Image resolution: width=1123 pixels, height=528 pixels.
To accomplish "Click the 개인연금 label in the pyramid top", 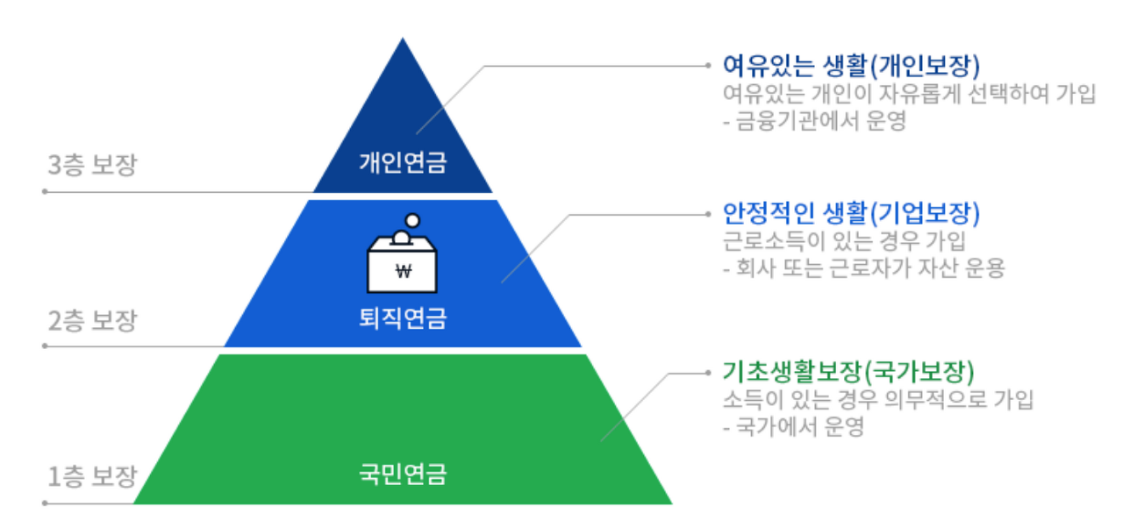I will point(403,162).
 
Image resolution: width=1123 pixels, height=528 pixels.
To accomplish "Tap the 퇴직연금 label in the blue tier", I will point(403,318).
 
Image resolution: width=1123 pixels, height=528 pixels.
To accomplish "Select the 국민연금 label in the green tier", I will point(403,475).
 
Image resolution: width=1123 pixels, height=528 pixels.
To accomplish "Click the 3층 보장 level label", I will point(92,166).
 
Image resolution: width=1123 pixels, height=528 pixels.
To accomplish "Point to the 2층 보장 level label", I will point(92,321).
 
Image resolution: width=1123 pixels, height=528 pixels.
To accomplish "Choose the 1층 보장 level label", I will point(92,477).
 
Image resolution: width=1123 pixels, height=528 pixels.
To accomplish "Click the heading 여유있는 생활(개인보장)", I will point(850,66).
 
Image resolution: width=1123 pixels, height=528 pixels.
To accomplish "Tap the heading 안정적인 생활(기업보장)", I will point(850,213).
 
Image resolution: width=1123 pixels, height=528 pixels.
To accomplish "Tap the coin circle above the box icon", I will point(412,220).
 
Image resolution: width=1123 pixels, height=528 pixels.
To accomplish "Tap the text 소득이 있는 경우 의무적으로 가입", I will point(878,400).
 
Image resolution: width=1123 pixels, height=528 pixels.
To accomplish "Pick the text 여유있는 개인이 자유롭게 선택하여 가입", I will point(909,94).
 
